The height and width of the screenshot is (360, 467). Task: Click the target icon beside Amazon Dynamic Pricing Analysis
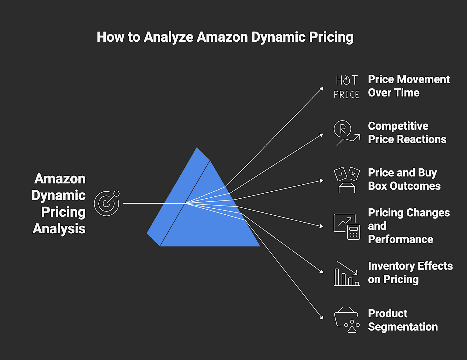(x=107, y=203)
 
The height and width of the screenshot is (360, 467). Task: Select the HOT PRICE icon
(x=346, y=87)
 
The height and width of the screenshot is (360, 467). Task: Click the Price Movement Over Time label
(x=409, y=86)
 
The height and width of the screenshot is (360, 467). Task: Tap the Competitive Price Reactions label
(x=407, y=133)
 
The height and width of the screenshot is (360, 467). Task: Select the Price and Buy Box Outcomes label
(x=404, y=179)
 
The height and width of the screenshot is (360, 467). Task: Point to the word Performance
(x=400, y=240)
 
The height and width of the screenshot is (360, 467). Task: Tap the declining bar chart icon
(x=346, y=273)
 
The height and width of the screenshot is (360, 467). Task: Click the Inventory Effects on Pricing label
(x=410, y=273)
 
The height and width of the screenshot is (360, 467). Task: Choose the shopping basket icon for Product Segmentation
(x=346, y=320)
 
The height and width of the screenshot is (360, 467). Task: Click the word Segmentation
(x=403, y=327)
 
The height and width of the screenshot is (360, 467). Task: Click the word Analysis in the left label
(x=59, y=229)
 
